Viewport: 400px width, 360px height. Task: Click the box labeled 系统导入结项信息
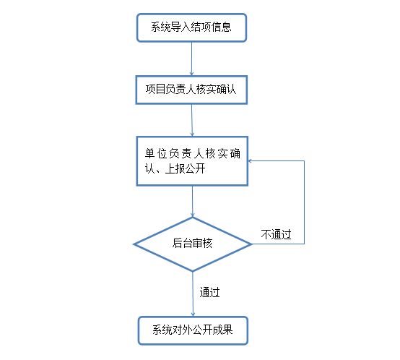(x=191, y=27)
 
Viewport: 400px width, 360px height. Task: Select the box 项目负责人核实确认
(x=191, y=90)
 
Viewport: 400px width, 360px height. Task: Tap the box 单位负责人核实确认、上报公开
(x=192, y=161)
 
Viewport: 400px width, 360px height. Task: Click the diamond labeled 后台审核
(x=193, y=244)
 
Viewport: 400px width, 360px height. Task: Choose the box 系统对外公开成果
(x=193, y=330)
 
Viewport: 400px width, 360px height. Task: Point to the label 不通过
(x=276, y=234)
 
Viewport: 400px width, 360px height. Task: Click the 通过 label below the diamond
(x=209, y=292)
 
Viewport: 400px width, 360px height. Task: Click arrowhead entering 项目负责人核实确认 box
(x=191, y=74)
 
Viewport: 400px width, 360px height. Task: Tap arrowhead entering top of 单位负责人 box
(x=192, y=134)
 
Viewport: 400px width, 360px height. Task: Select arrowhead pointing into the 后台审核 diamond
(x=193, y=215)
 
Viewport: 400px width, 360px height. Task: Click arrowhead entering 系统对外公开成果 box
(x=193, y=314)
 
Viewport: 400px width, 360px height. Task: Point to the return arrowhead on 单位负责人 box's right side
(x=251, y=161)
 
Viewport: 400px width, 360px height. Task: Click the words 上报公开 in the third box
(x=186, y=168)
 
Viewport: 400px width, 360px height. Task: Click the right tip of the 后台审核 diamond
(x=252, y=244)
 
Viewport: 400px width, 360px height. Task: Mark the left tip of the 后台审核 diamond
(x=134, y=244)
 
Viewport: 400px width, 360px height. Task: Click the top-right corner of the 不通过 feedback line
(x=305, y=161)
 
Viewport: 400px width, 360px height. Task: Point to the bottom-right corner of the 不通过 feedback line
(x=305, y=244)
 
